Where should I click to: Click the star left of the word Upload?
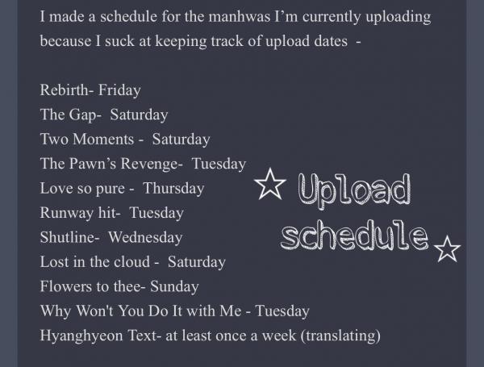point(270,184)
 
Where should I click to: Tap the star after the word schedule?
point(447,249)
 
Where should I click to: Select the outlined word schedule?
point(355,235)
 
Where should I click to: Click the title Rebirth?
point(65,90)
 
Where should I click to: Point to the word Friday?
point(119,91)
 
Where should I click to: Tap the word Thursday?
point(173,189)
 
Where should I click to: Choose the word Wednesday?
point(145,238)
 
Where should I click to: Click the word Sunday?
point(174,287)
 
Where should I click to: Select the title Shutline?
point(68,237)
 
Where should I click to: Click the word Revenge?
point(149,164)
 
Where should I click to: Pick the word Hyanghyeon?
point(81,336)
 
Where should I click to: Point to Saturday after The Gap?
point(139,115)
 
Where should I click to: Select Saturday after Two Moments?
point(181,140)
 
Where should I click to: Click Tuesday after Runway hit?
point(156,213)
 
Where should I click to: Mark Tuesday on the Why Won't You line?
point(282,311)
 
